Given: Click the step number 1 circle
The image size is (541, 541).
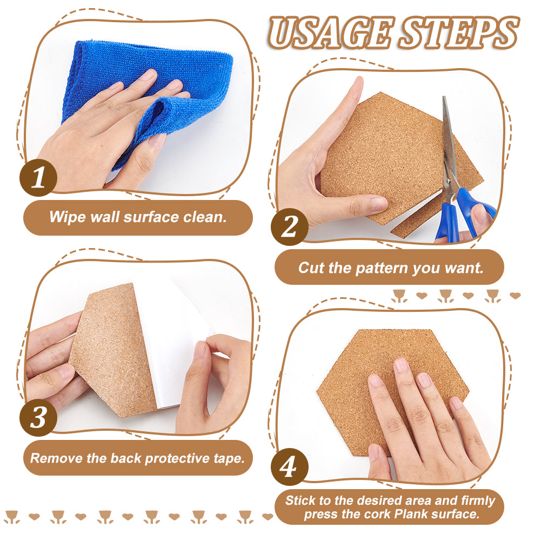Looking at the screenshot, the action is pyautogui.click(x=38, y=178).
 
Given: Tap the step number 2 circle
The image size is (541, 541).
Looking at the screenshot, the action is pyautogui.click(x=290, y=226).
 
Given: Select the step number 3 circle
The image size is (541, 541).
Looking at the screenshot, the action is pyautogui.click(x=38, y=418).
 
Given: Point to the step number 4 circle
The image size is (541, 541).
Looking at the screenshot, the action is pyautogui.click(x=290, y=467).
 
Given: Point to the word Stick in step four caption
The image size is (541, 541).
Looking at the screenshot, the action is pyautogui.click(x=300, y=500).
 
